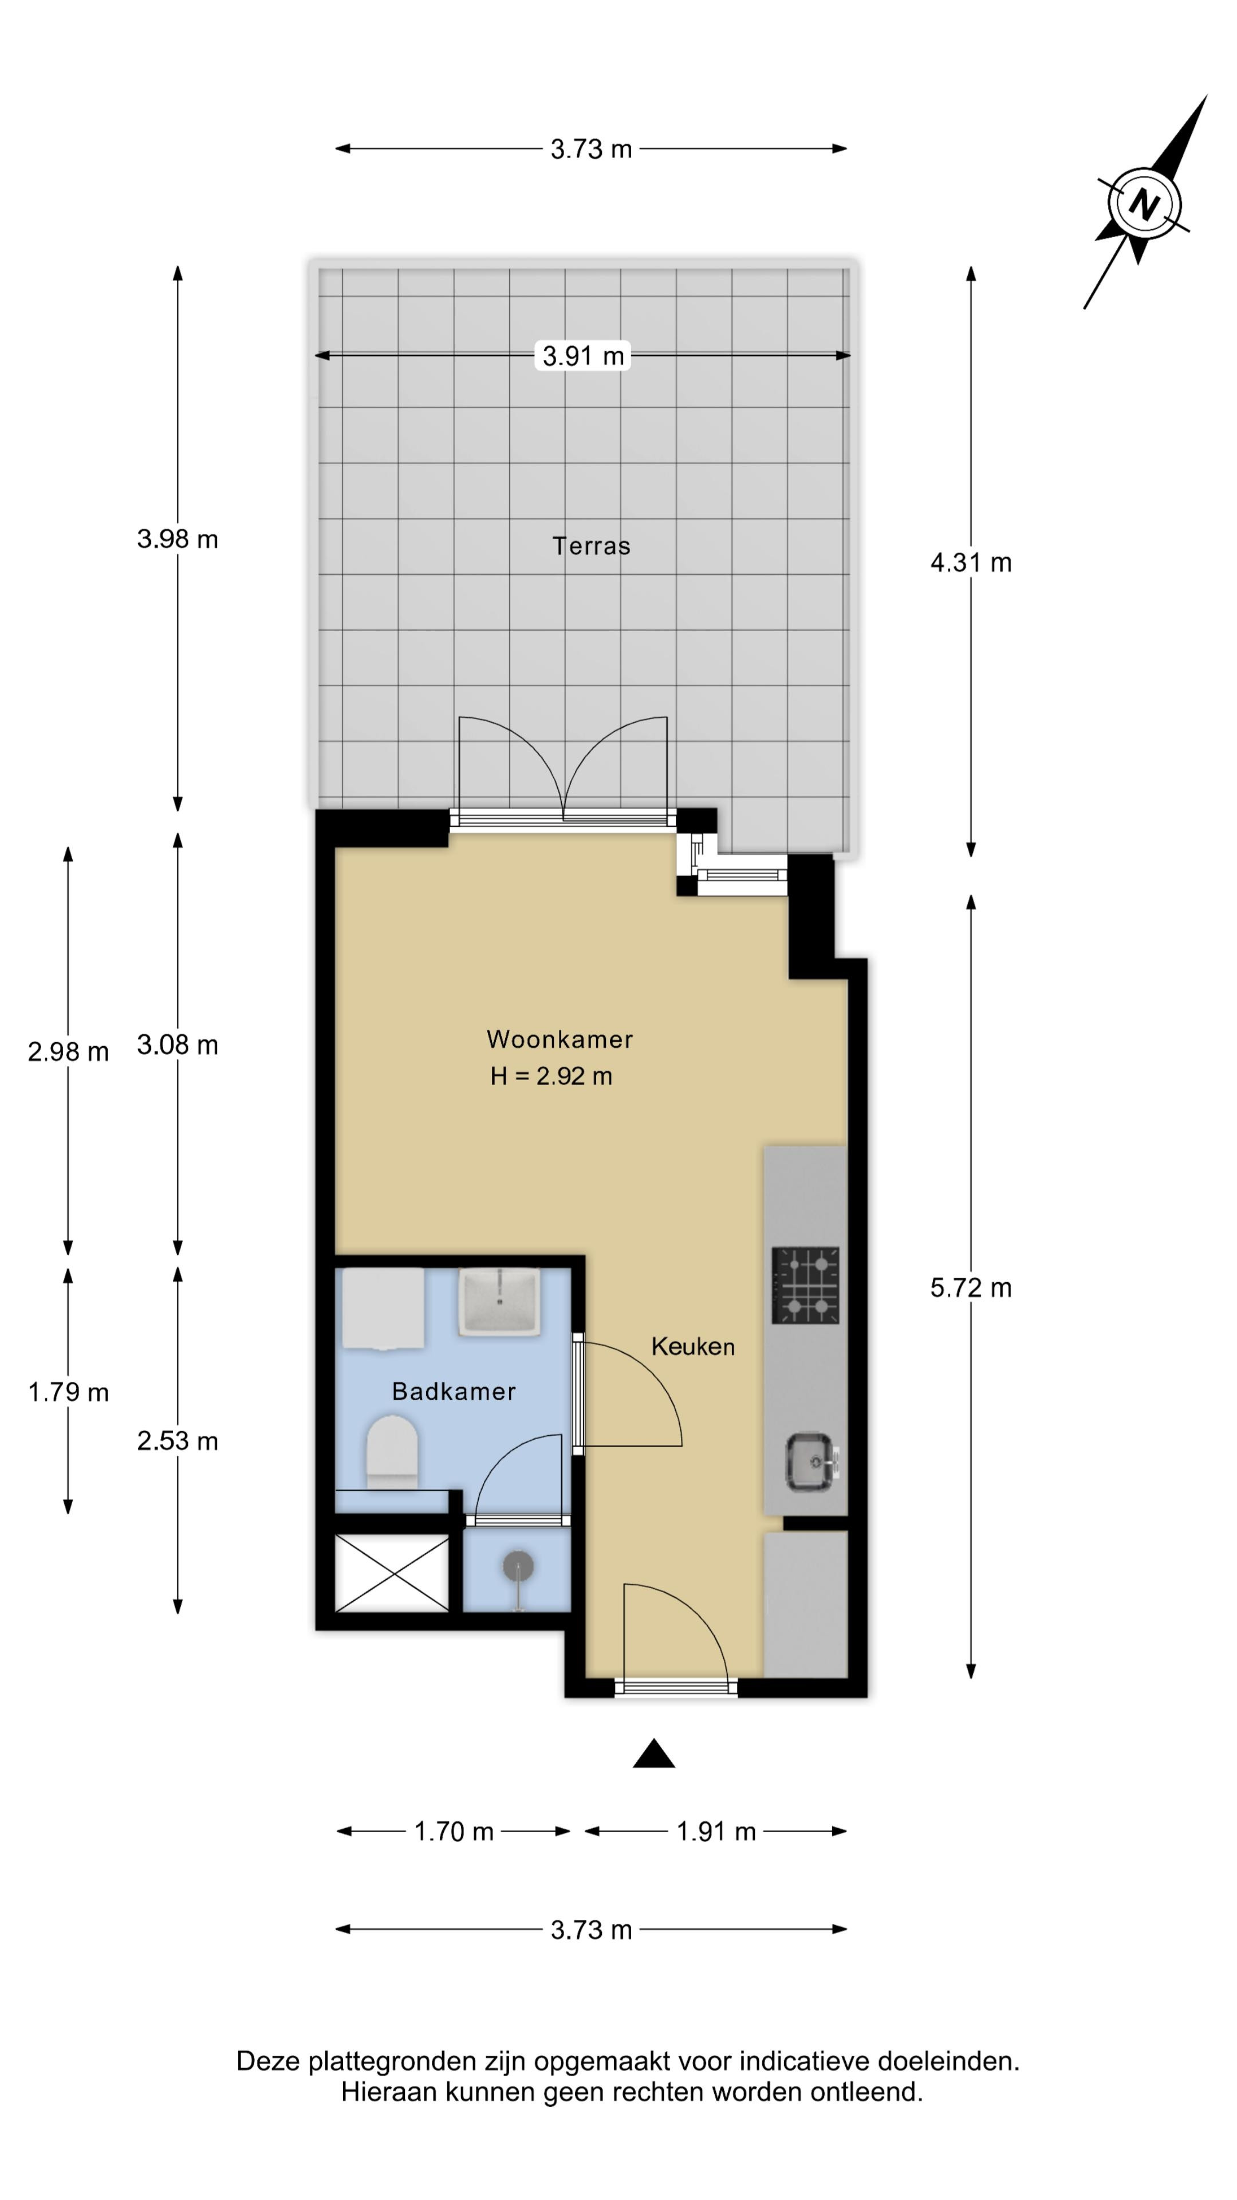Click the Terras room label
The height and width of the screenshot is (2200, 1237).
click(591, 546)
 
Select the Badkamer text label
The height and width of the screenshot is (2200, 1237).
click(454, 1392)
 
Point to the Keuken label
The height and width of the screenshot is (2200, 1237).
click(692, 1347)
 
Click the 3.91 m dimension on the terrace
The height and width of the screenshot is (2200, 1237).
click(584, 355)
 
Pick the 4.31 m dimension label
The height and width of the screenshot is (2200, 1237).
click(971, 563)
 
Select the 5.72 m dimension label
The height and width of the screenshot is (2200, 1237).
click(971, 1288)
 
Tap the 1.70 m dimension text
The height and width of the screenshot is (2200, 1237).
click(454, 1832)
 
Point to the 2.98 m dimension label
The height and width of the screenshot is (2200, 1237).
click(68, 1052)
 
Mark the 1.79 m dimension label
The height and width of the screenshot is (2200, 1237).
click(68, 1393)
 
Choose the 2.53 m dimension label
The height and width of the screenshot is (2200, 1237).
click(178, 1441)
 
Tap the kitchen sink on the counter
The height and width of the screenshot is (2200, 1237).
click(811, 1463)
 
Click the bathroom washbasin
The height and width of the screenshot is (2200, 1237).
click(499, 1302)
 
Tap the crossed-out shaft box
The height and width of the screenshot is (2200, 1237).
click(392, 1573)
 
